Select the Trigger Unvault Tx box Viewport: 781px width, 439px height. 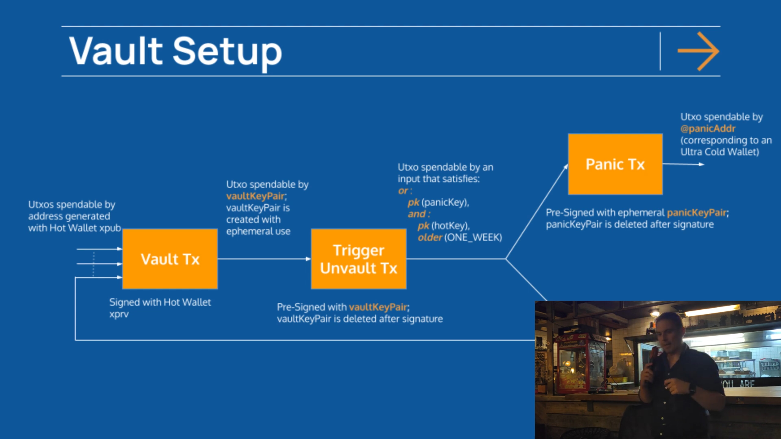[359, 259]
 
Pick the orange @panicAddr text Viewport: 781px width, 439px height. [708, 129]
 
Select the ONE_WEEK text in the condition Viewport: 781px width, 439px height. [473, 237]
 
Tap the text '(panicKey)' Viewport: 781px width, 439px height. [445, 202]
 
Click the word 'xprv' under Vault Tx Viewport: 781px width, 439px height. [119, 314]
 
